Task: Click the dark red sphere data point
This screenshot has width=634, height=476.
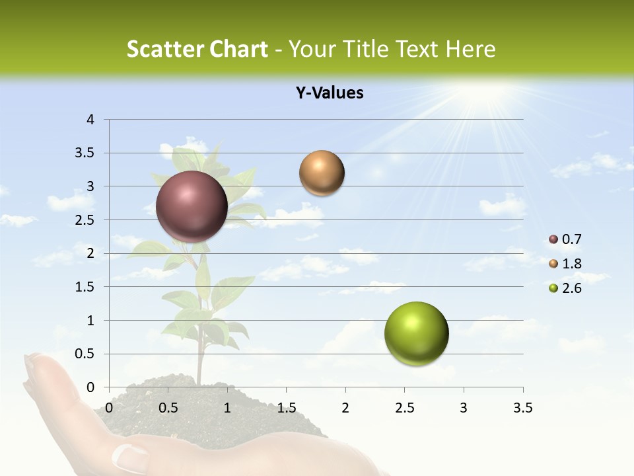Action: coord(192,207)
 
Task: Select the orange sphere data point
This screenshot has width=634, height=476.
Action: coord(322,173)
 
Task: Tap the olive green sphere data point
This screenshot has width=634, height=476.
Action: coord(416,334)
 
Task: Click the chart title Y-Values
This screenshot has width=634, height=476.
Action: coord(330,93)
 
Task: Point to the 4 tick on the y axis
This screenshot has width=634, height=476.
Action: coord(91,120)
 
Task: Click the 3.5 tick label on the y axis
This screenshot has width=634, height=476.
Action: coord(85,153)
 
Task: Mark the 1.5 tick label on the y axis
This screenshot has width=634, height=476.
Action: coord(85,287)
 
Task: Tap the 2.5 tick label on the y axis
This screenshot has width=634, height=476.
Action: coord(85,219)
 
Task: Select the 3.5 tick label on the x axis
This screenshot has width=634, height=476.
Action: coord(522,408)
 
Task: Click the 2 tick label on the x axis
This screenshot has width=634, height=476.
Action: coord(345,408)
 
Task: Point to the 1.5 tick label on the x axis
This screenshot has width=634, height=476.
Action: coord(286,408)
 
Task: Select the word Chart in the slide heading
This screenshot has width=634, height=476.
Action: coord(238,49)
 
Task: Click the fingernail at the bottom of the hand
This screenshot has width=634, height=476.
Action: coord(130,457)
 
